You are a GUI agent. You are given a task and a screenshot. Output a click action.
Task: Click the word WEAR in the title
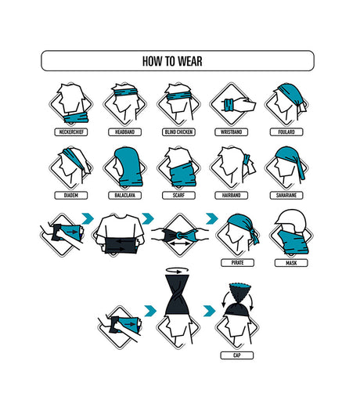point(190,61)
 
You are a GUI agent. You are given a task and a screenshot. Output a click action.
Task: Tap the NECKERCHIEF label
point(71,132)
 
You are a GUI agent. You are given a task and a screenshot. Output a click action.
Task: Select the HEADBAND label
point(124,132)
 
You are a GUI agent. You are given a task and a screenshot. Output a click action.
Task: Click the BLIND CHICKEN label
point(178,132)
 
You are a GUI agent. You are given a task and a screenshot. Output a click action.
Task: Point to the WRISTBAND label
point(231,132)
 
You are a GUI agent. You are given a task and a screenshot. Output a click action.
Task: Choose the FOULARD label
point(286,132)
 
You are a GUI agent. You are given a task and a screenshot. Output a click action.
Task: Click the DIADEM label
point(71,195)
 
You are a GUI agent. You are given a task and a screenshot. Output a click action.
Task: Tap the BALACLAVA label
point(124,195)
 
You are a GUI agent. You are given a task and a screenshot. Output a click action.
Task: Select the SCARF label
point(178,195)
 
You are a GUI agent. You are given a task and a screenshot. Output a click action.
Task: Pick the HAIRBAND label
point(231,195)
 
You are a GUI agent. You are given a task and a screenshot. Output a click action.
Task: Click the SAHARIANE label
point(286,195)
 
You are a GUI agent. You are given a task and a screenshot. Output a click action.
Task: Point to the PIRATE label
point(237,262)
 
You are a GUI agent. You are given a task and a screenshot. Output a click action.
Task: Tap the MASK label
point(291,263)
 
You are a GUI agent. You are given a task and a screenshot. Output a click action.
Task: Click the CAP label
point(237,355)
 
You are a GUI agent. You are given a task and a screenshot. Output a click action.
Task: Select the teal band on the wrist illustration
point(228,105)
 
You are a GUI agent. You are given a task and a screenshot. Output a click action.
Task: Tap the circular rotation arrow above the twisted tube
point(178,270)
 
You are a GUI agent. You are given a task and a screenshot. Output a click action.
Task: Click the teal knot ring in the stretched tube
point(180,236)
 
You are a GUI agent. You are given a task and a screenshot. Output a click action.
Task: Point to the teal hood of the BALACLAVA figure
point(130,167)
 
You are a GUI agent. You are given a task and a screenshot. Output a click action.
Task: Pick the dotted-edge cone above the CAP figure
point(240,292)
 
